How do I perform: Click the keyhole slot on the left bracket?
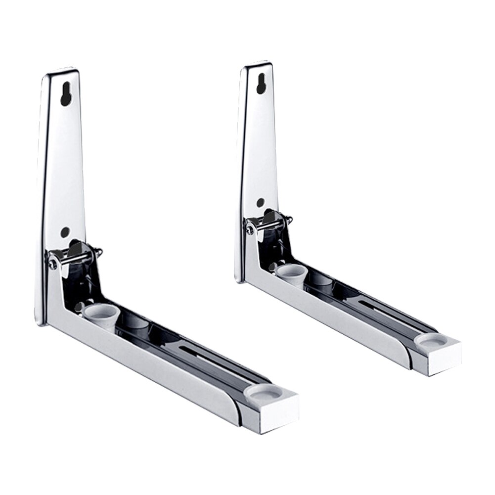[x=66, y=94]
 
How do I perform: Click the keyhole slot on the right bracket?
[x=261, y=84]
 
